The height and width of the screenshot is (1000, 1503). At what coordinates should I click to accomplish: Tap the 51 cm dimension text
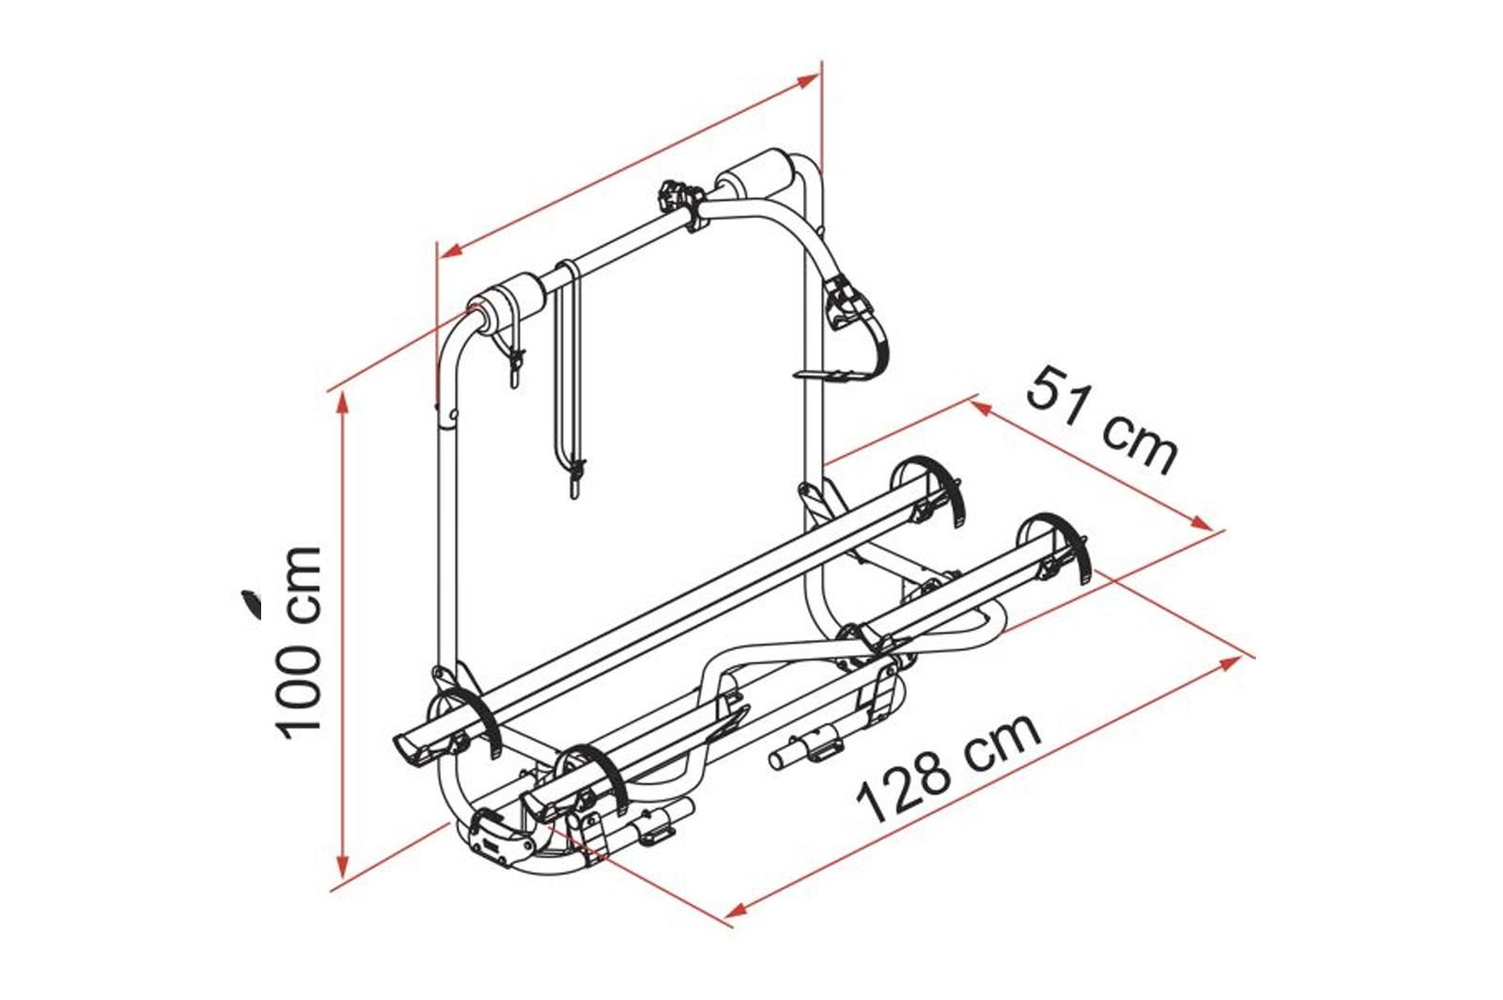coord(1102,421)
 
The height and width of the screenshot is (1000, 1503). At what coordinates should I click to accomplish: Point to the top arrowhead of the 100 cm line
coord(343,401)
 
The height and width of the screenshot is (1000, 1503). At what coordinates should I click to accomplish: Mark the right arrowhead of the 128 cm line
coord(1230,664)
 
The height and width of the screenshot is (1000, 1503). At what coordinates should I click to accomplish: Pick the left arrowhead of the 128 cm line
coord(736,910)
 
